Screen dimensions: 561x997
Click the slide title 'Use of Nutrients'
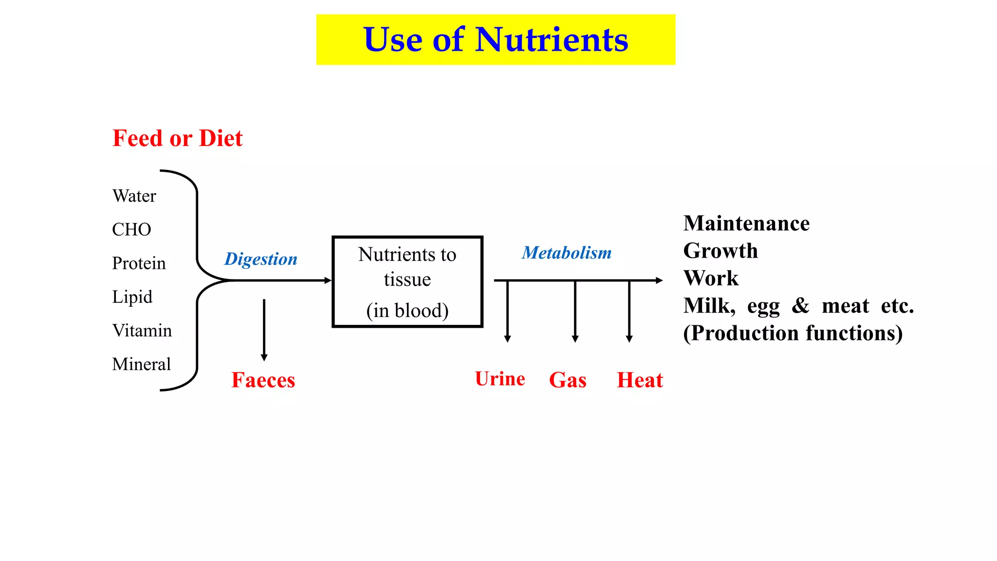pyautogui.click(x=496, y=39)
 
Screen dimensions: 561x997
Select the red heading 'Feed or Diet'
pyautogui.click(x=177, y=138)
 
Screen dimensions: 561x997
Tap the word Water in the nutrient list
pyautogui.click(x=134, y=196)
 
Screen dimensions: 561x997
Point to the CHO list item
pyautogui.click(x=131, y=229)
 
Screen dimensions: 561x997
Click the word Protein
pyautogui.click(x=139, y=263)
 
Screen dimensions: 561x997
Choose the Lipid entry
pyautogui.click(x=132, y=297)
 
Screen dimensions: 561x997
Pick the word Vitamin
pyautogui.click(x=142, y=331)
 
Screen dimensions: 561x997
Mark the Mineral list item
pyautogui.click(x=141, y=364)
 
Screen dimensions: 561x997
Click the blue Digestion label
pyautogui.click(x=261, y=259)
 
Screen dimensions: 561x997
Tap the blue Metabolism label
pyautogui.click(x=567, y=253)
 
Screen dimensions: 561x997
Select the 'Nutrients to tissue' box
pyautogui.click(x=407, y=281)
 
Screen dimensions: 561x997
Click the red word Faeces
pyautogui.click(x=263, y=380)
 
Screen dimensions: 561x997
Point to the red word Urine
pyautogui.click(x=500, y=379)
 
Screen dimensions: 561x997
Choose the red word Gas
pyautogui.click(x=568, y=380)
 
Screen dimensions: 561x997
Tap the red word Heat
pyautogui.click(x=640, y=380)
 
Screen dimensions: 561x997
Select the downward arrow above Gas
pyautogui.click(x=575, y=312)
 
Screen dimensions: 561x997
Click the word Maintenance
pyautogui.click(x=746, y=224)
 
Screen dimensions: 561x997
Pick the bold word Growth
pyautogui.click(x=720, y=251)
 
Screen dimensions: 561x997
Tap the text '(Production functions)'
pyautogui.click(x=793, y=334)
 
